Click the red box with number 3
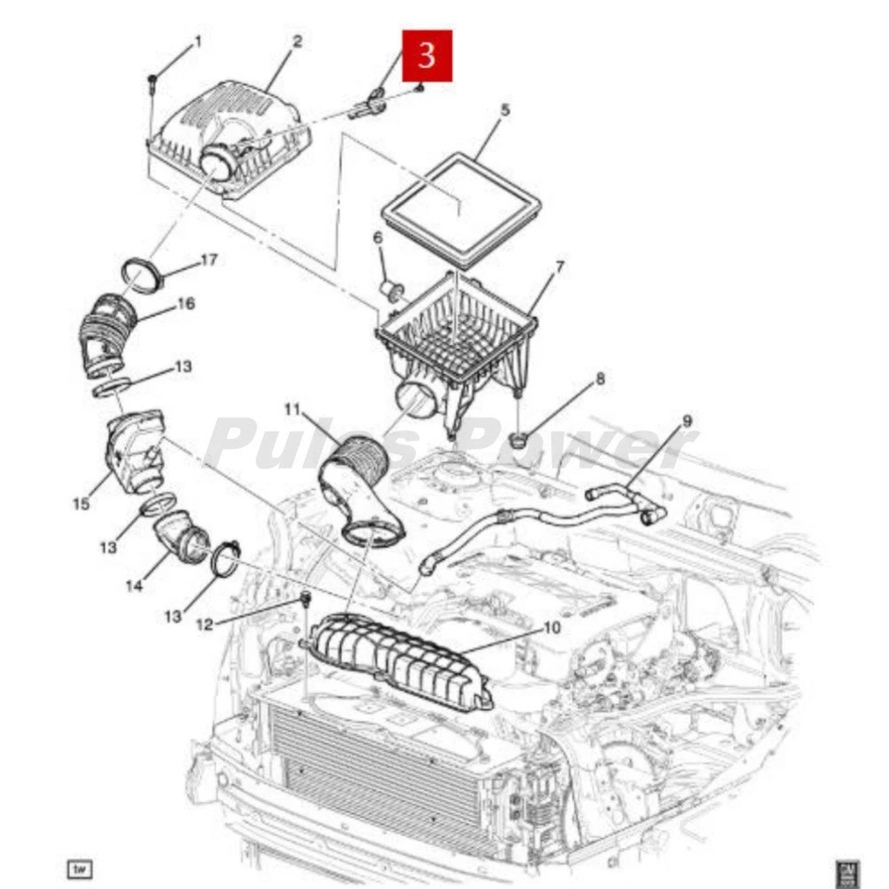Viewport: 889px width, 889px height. tap(427, 56)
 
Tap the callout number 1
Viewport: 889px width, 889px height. tap(196, 42)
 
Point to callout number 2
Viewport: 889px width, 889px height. tap(296, 42)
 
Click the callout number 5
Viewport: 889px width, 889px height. tap(505, 110)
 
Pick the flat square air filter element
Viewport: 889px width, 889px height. tap(460, 209)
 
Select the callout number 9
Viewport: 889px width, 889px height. tap(686, 421)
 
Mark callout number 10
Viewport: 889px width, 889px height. tap(551, 627)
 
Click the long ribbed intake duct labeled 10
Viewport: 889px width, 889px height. tap(398, 661)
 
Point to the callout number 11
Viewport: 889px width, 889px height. tap(293, 408)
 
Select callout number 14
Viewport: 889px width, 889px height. tap(135, 585)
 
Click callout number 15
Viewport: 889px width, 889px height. tap(81, 504)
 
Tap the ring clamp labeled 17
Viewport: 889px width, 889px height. tap(141, 277)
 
